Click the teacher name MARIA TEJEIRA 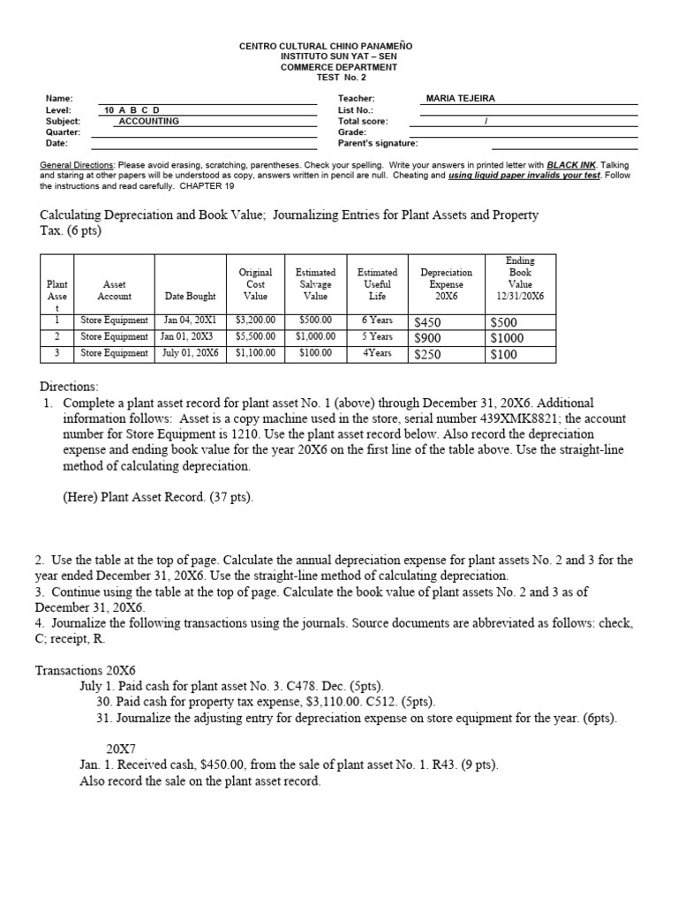coord(460,99)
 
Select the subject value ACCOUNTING coord(149,121)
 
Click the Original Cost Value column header coord(255,284)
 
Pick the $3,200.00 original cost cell coord(255,320)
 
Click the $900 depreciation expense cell coord(428,338)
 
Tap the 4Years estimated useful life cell coord(377,353)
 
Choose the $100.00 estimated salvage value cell coord(315,353)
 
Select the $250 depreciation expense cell coord(428,355)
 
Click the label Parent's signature coord(378,143)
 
